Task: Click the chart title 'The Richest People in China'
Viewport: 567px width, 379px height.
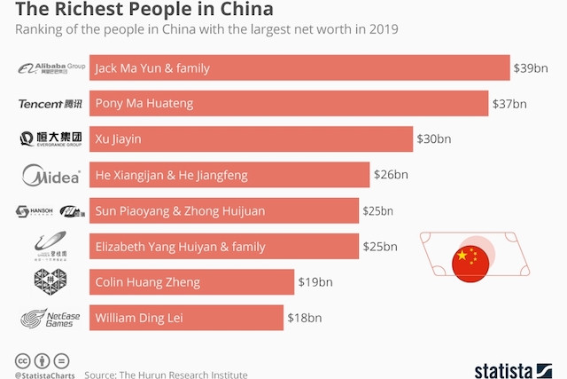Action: (137, 10)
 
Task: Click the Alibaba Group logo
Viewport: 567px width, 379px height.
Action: (51, 67)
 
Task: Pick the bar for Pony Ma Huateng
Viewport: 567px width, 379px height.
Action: (289, 103)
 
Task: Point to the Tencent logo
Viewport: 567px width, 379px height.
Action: (51, 104)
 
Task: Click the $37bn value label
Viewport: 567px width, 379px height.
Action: (509, 103)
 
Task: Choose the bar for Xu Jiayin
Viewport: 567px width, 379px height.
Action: (251, 139)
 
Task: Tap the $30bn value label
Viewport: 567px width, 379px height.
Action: (434, 139)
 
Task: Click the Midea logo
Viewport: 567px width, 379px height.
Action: (51, 175)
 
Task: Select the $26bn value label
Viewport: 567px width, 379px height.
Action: (391, 175)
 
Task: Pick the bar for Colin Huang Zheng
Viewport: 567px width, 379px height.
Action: (191, 282)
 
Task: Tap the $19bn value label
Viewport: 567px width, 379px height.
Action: (315, 282)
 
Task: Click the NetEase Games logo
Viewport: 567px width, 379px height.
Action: (51, 318)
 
